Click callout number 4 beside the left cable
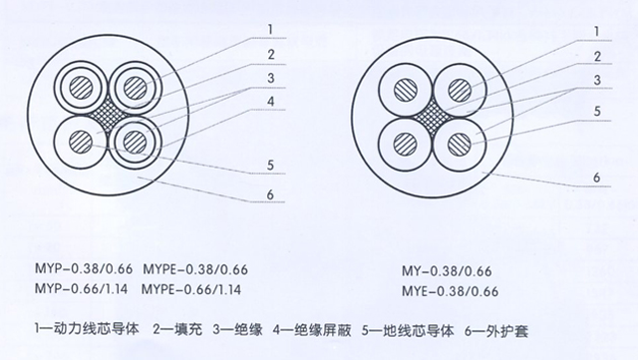(270, 102)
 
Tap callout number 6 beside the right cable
(596, 178)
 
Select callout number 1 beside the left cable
(270, 29)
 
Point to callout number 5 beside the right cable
(597, 111)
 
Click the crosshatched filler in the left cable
(108, 116)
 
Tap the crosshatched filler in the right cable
(433, 117)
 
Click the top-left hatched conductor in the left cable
(81, 88)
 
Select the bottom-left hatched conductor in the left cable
(81, 143)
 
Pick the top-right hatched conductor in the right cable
(460, 90)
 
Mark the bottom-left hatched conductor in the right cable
(406, 145)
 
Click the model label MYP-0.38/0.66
(84, 269)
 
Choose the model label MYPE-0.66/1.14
(191, 289)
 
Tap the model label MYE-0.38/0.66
(450, 291)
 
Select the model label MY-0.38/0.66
(447, 271)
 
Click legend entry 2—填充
(177, 329)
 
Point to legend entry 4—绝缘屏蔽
(312, 330)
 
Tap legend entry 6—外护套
(496, 331)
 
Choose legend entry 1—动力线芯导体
(87, 329)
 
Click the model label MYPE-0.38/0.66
(195, 269)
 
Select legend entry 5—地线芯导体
(408, 330)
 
